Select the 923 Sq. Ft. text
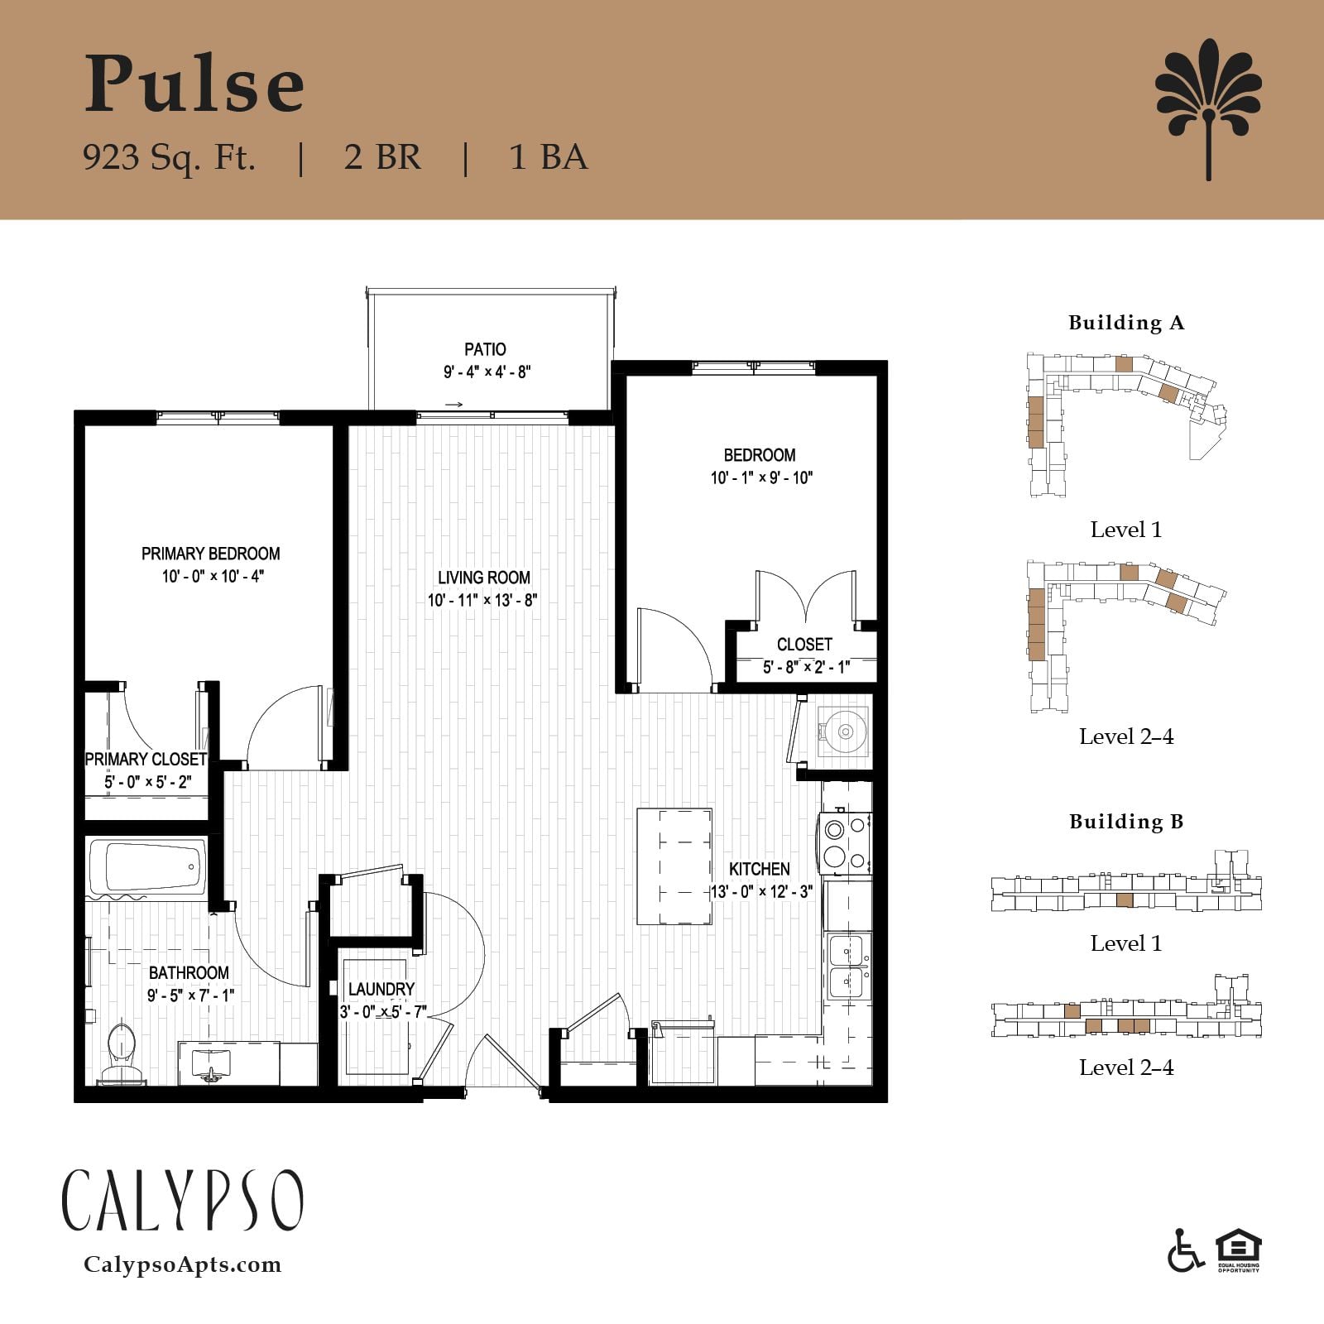(169, 156)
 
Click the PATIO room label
(485, 349)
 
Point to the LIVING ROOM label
(484, 578)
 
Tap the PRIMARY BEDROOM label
(211, 554)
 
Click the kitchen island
(674, 866)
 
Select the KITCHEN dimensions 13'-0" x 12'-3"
(761, 891)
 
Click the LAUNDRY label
(381, 989)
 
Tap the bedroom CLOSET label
(804, 644)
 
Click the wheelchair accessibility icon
(1186, 1251)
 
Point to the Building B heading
(1126, 822)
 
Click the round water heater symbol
(844, 732)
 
